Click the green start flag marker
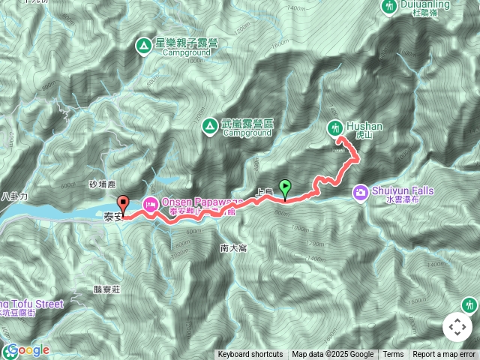tap(285, 187)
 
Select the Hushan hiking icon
tap(334, 129)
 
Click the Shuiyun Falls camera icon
tap(361, 193)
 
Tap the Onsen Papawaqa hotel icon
tap(149, 203)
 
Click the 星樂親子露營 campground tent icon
tap(143, 46)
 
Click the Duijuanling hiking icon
tap(389, 7)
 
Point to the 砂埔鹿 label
tap(101, 184)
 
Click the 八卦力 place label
tap(14, 196)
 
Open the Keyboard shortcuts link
tap(250, 355)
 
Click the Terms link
tap(393, 355)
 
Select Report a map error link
tap(445, 355)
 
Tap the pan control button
tap(457, 327)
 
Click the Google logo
tap(26, 350)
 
